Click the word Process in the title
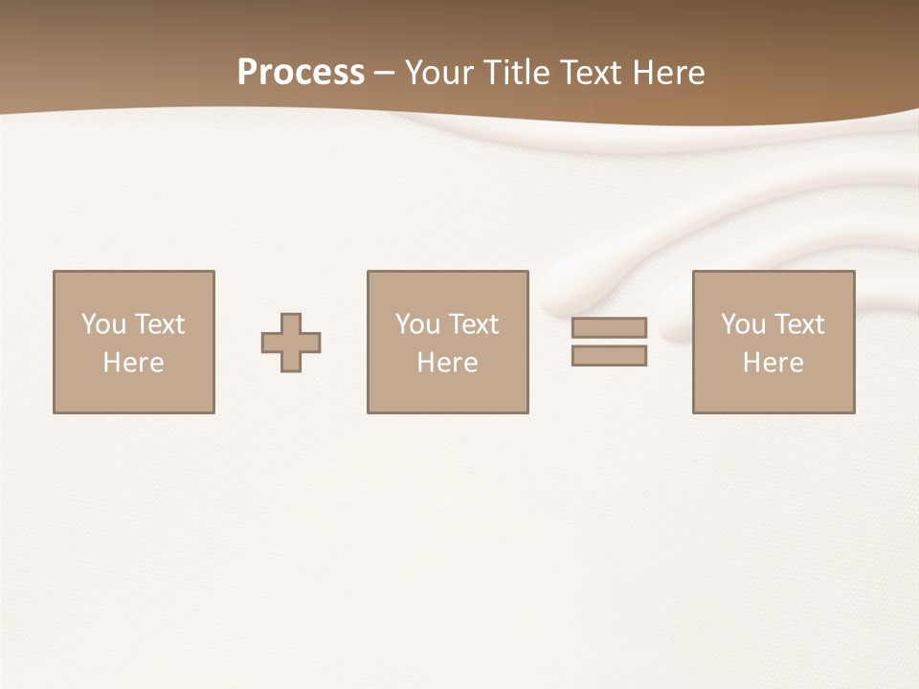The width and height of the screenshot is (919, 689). coord(301,73)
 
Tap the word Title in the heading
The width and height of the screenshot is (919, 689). coord(518,73)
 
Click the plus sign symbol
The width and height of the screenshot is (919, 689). coord(291,343)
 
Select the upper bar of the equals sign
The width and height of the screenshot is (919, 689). coord(609,327)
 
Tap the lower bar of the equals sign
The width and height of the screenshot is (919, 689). coord(609,356)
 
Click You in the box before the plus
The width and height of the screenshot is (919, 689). coord(103,324)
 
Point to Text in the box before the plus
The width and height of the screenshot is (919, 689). coord(159,324)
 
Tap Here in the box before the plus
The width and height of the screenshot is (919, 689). coord(133,363)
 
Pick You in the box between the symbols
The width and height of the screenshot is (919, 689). coord(417,324)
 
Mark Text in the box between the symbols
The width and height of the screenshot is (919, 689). coord(473,324)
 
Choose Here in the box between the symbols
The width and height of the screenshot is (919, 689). coord(447,363)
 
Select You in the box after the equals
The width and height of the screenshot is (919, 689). coord(743,324)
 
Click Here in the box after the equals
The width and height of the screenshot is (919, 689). coord(773,363)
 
